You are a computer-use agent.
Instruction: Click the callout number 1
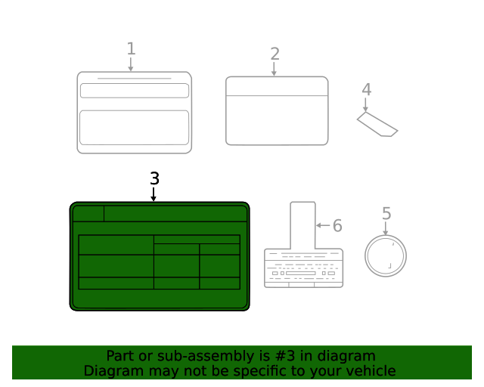pos(131,49)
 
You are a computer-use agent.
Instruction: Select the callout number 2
pos(275,54)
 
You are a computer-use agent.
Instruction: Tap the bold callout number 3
pos(154,178)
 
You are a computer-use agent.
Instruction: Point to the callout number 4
pos(366,89)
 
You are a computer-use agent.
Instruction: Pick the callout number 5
pos(386,213)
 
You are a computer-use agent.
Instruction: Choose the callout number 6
pos(337,225)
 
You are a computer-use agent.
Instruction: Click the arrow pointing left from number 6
pos(323,225)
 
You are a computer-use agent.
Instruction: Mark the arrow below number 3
pos(154,194)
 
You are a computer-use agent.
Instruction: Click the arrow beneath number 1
pos(131,64)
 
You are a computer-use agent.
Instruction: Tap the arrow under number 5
pos(386,228)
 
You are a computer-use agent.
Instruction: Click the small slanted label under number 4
pos(377,124)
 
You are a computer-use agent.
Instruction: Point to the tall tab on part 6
pos(302,225)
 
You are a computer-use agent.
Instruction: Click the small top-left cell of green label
pos(88,214)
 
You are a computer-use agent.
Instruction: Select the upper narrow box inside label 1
pos(135,91)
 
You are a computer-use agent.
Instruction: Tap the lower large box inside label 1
pos(135,128)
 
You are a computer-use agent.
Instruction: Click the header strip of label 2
pos(277,86)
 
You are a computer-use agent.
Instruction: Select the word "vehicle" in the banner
pos(371,370)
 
